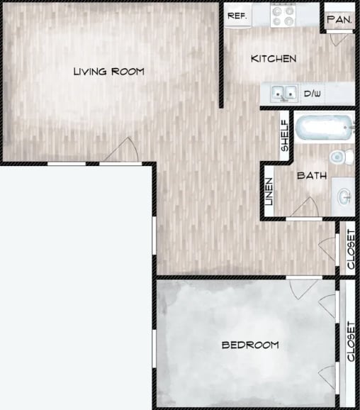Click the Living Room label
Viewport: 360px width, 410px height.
109,71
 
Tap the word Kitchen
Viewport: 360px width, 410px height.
274,58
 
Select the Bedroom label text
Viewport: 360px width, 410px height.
250,345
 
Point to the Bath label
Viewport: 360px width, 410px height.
312,175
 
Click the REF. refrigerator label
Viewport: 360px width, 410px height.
237,15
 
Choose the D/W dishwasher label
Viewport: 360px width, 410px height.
313,93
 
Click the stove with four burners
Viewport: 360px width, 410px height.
283,16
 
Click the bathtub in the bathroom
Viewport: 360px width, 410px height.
323,128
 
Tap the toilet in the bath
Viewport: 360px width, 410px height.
339,155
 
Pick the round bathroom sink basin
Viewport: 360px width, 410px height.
344,195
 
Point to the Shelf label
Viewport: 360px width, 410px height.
285,136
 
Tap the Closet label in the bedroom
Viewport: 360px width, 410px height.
351,341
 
